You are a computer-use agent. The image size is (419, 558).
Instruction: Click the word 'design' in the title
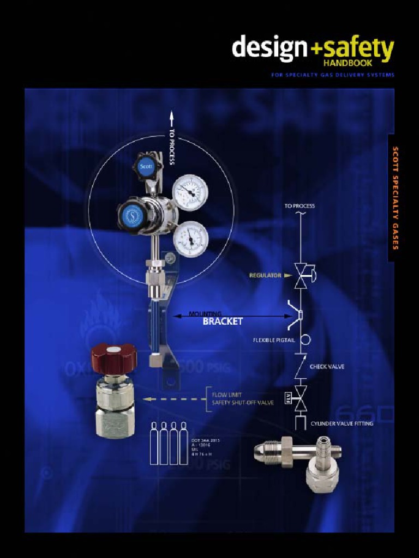click(270, 48)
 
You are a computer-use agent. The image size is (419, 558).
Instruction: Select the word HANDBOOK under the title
click(369, 63)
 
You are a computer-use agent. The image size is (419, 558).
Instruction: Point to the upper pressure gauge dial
click(190, 192)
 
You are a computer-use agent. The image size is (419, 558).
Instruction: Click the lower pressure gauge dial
click(190, 238)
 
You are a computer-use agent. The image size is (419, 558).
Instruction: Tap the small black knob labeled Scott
click(146, 166)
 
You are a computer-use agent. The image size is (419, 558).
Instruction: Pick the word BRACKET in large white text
click(222, 322)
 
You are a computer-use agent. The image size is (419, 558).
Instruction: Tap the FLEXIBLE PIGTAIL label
click(274, 340)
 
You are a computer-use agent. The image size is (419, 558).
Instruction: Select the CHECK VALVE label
click(327, 367)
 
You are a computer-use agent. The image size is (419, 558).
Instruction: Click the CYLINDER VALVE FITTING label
click(342, 423)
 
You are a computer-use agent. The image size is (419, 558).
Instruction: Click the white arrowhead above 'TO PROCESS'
click(171, 116)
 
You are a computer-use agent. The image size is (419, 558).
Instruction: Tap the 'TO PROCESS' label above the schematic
click(299, 206)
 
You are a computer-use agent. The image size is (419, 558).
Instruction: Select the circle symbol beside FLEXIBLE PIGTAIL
click(306, 339)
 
